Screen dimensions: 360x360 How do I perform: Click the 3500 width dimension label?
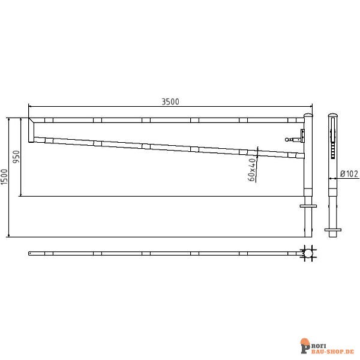click(170, 102)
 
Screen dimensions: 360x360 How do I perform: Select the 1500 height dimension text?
click(5, 177)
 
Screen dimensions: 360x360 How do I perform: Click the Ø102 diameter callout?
click(349, 173)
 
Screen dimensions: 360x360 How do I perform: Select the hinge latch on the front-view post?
click(295, 138)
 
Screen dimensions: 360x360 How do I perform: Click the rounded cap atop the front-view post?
click(308, 115)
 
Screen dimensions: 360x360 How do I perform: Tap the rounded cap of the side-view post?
click(333, 115)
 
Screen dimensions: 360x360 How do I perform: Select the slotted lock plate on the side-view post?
click(333, 144)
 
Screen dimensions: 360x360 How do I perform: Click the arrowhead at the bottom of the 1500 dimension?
click(8, 235)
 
